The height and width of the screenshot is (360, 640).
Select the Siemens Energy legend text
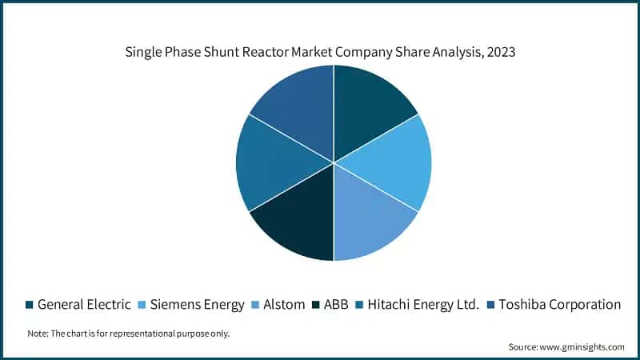click(197, 304)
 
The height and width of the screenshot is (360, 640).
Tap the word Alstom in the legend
click(284, 304)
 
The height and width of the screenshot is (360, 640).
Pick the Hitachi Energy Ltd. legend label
click(425, 304)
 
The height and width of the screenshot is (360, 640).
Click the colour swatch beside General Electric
click(30, 305)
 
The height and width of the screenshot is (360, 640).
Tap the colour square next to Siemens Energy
click(142, 305)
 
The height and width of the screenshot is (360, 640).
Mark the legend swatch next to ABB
click(318, 305)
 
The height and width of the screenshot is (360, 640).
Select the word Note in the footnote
click(37, 334)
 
